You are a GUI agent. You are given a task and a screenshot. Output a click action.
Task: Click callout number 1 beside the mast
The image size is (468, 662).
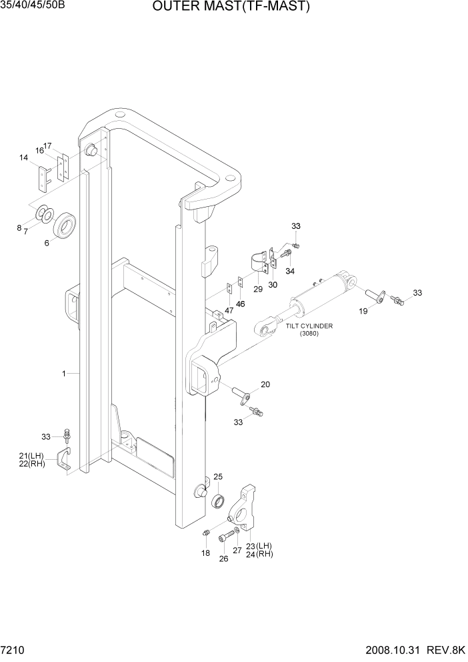click(x=64, y=374)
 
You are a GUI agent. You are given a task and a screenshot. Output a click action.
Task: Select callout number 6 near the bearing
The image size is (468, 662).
click(x=47, y=243)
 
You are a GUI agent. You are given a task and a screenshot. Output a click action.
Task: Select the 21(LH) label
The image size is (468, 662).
click(x=31, y=456)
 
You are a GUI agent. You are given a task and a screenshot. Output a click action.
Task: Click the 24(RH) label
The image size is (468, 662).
click(x=260, y=554)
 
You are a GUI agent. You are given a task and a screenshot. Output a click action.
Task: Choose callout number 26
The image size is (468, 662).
click(x=224, y=559)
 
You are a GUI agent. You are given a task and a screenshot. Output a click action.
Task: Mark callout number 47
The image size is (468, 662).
click(x=229, y=311)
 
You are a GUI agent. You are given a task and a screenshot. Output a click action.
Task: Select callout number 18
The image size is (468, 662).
click(x=205, y=553)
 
